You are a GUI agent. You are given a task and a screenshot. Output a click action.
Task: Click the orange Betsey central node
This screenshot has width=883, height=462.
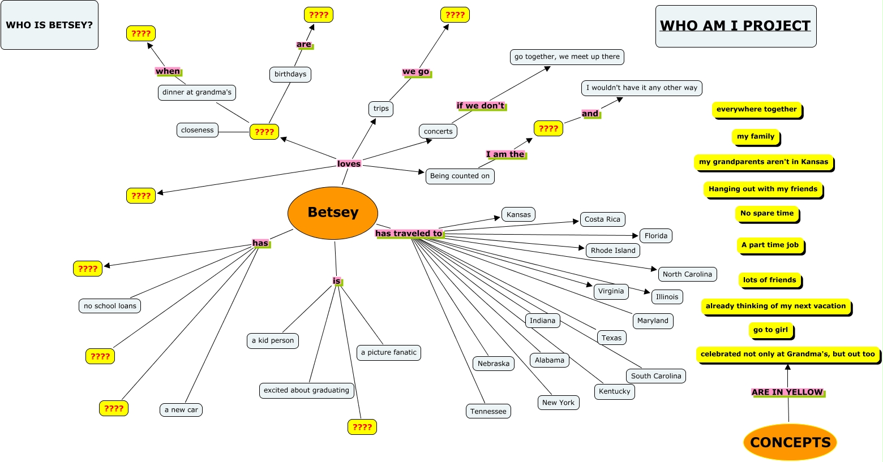(x=333, y=213)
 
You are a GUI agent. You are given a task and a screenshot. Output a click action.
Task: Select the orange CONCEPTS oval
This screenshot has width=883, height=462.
(x=790, y=442)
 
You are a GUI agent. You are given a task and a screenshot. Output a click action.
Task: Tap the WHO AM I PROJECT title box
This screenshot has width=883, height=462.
(x=735, y=26)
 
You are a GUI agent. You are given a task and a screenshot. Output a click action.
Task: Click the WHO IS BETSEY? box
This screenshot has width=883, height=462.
(x=49, y=25)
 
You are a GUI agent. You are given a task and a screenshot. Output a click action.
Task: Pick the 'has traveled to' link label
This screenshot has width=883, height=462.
(x=409, y=234)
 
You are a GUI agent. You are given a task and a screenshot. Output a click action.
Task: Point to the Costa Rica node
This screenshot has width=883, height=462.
(x=602, y=219)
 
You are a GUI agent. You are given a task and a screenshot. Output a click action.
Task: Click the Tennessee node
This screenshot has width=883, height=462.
(x=488, y=412)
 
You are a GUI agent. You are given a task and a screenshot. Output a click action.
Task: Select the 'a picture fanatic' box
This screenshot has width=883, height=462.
(x=388, y=352)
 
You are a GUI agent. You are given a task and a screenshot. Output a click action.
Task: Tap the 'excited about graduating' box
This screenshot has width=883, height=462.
(x=306, y=390)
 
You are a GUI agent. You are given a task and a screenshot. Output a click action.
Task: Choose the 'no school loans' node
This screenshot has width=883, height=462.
(x=110, y=306)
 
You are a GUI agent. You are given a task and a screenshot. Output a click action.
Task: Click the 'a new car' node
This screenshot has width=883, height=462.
(x=181, y=410)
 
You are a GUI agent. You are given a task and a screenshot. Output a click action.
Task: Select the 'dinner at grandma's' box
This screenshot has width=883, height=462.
(x=196, y=92)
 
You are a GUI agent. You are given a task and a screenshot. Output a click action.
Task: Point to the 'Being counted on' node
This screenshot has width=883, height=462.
(x=460, y=176)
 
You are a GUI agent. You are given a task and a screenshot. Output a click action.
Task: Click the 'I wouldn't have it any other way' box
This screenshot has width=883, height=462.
(x=641, y=88)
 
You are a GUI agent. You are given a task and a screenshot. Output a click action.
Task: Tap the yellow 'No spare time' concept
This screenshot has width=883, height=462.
(x=767, y=213)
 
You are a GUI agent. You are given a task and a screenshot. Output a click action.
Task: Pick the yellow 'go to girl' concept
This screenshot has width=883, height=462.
(x=770, y=330)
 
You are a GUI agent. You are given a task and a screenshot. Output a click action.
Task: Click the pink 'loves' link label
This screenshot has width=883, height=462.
(x=349, y=164)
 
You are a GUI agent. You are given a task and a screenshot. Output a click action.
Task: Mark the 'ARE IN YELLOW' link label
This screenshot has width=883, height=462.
(x=787, y=392)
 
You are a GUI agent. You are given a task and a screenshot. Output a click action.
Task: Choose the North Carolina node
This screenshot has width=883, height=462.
(x=687, y=274)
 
